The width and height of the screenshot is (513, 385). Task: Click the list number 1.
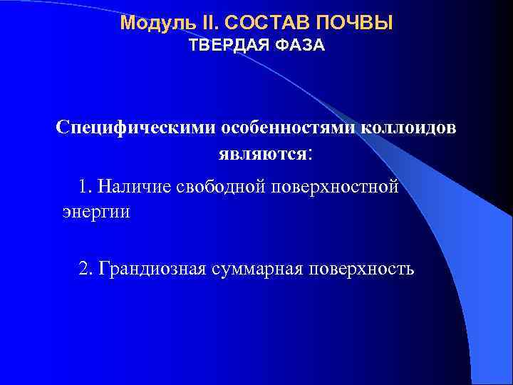pyautogui.click(x=85, y=187)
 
